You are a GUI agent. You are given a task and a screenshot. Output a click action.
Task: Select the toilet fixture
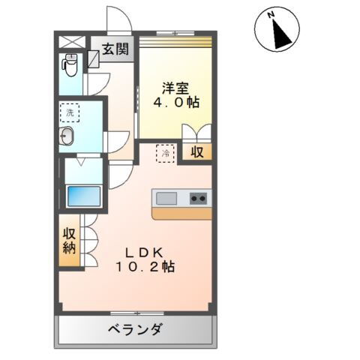tap(70, 67)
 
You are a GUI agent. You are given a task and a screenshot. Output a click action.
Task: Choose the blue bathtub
tap(83, 197)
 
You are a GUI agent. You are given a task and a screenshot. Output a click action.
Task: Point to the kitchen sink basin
tap(166, 199)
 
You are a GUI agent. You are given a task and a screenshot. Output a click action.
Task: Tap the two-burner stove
tap(198, 199)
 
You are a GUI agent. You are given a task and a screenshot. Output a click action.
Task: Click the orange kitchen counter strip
tap(181, 213)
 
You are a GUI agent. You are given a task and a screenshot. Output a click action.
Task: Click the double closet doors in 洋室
tap(196, 132)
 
